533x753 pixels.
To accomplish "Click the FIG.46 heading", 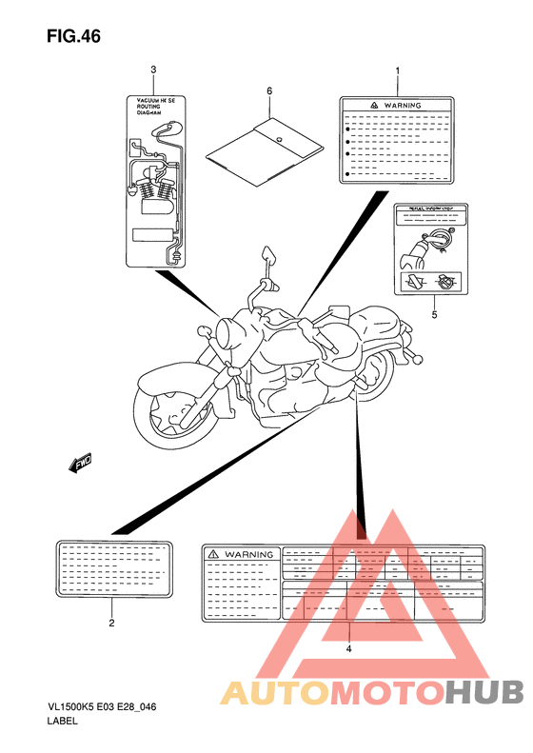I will pyautogui.click(x=72, y=37).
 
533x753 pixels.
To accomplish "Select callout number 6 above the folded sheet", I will pyautogui.click(x=269, y=90).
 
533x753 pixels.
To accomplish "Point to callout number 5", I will pyautogui.click(x=433, y=313).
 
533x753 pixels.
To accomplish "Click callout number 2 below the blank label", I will pyautogui.click(x=111, y=624).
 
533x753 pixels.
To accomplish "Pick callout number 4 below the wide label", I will pyautogui.click(x=348, y=648).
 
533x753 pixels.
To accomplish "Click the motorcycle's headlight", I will pyautogui.click(x=231, y=334).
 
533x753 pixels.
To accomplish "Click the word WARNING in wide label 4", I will pyautogui.click(x=249, y=554).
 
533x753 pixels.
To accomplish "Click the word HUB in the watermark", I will pyautogui.click(x=485, y=692).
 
